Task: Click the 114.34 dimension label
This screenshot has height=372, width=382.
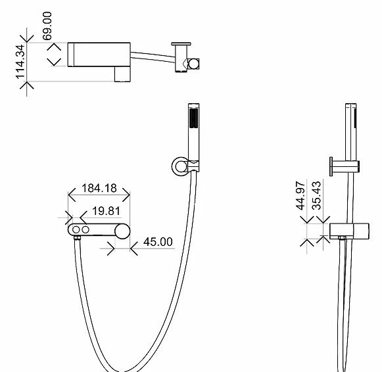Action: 20,62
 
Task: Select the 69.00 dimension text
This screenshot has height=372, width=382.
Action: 47,26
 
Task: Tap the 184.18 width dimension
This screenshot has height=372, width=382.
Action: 99,188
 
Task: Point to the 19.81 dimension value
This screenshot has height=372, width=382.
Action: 107,211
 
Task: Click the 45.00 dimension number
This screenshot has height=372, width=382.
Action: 158,242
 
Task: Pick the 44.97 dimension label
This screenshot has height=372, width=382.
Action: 300,195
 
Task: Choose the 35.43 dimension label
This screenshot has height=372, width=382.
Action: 316,195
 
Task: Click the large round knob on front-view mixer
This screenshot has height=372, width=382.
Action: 122,231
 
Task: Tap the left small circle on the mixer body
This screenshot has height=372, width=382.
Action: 76,229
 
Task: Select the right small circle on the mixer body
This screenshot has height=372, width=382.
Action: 85,229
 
